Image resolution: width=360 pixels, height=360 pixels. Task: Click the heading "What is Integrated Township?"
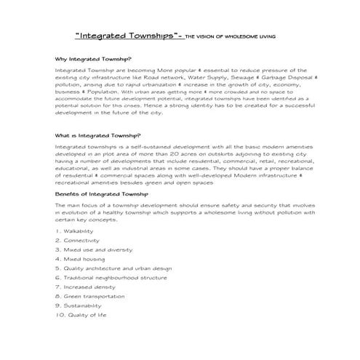tap(98, 135)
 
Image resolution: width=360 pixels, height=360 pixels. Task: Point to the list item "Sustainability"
tap(82, 306)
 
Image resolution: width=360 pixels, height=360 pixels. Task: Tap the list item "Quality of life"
tap(81, 316)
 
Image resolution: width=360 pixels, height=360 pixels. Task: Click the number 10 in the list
tap(58, 316)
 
